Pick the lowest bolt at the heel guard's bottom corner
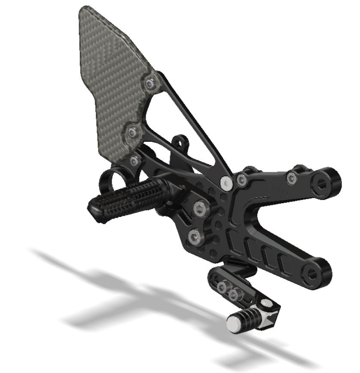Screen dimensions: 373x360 point(135,161)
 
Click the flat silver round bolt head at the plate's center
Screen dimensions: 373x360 point(227,183)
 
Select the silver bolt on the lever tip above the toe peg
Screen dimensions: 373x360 point(268,305)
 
